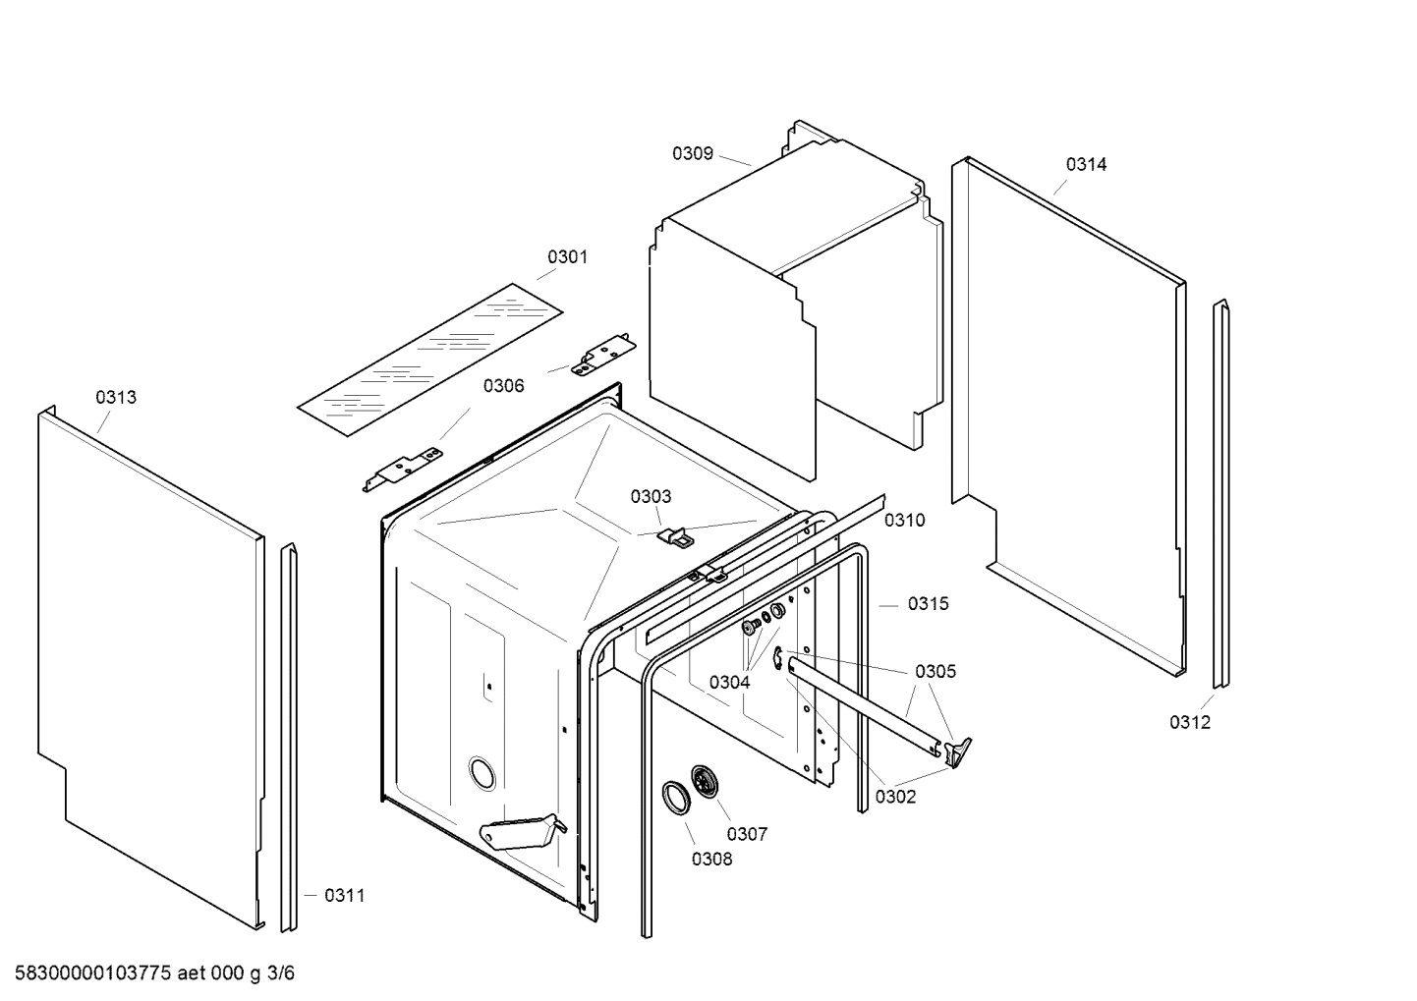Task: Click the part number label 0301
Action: tap(567, 257)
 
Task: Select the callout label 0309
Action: tap(692, 153)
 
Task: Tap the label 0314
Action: tap(1086, 165)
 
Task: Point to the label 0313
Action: tap(116, 398)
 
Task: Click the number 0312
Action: tap(1189, 723)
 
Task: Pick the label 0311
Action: tap(344, 895)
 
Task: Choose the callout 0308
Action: tap(711, 859)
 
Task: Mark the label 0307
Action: tap(747, 834)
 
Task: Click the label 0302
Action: tap(895, 797)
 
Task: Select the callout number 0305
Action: tap(935, 672)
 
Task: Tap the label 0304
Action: tap(729, 682)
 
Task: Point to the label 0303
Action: tap(651, 497)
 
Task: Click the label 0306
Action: tap(503, 386)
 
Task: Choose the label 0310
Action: tap(904, 521)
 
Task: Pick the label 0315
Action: tap(928, 604)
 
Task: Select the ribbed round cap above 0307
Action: tap(705, 782)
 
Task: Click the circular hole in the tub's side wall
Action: tap(482, 773)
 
